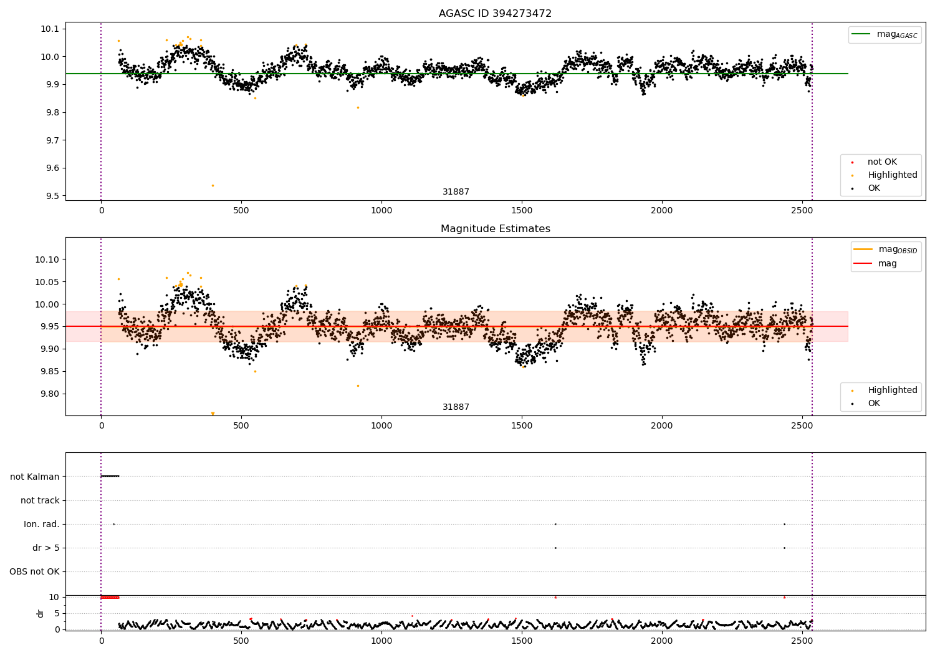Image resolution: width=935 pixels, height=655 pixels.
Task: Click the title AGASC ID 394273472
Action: tap(495, 14)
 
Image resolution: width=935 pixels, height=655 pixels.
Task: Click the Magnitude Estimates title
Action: tap(495, 229)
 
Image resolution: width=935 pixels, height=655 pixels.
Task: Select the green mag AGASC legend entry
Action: tap(885, 34)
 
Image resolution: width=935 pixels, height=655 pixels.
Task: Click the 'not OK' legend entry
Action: tap(881, 162)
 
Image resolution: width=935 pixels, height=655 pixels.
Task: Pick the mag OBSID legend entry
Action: tap(885, 250)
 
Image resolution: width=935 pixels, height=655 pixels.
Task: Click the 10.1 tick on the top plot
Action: tap(50, 29)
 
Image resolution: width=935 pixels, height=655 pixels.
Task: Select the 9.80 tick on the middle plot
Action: tap(50, 394)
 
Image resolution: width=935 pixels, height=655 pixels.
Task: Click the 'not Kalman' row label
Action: tap(35, 477)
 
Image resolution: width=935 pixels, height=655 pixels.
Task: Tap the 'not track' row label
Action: tap(40, 500)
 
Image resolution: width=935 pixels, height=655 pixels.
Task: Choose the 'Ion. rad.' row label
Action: tap(42, 524)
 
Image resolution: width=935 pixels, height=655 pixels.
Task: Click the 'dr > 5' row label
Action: tap(46, 548)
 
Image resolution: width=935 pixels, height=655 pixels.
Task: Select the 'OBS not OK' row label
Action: tap(34, 571)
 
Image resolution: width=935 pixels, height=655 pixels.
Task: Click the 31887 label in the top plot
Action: tap(456, 192)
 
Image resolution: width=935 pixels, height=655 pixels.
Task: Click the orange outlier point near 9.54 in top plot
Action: tap(213, 185)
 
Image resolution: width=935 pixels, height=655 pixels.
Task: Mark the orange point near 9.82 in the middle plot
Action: tap(358, 386)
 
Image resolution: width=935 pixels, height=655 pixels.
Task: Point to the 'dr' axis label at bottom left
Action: tap(41, 613)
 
